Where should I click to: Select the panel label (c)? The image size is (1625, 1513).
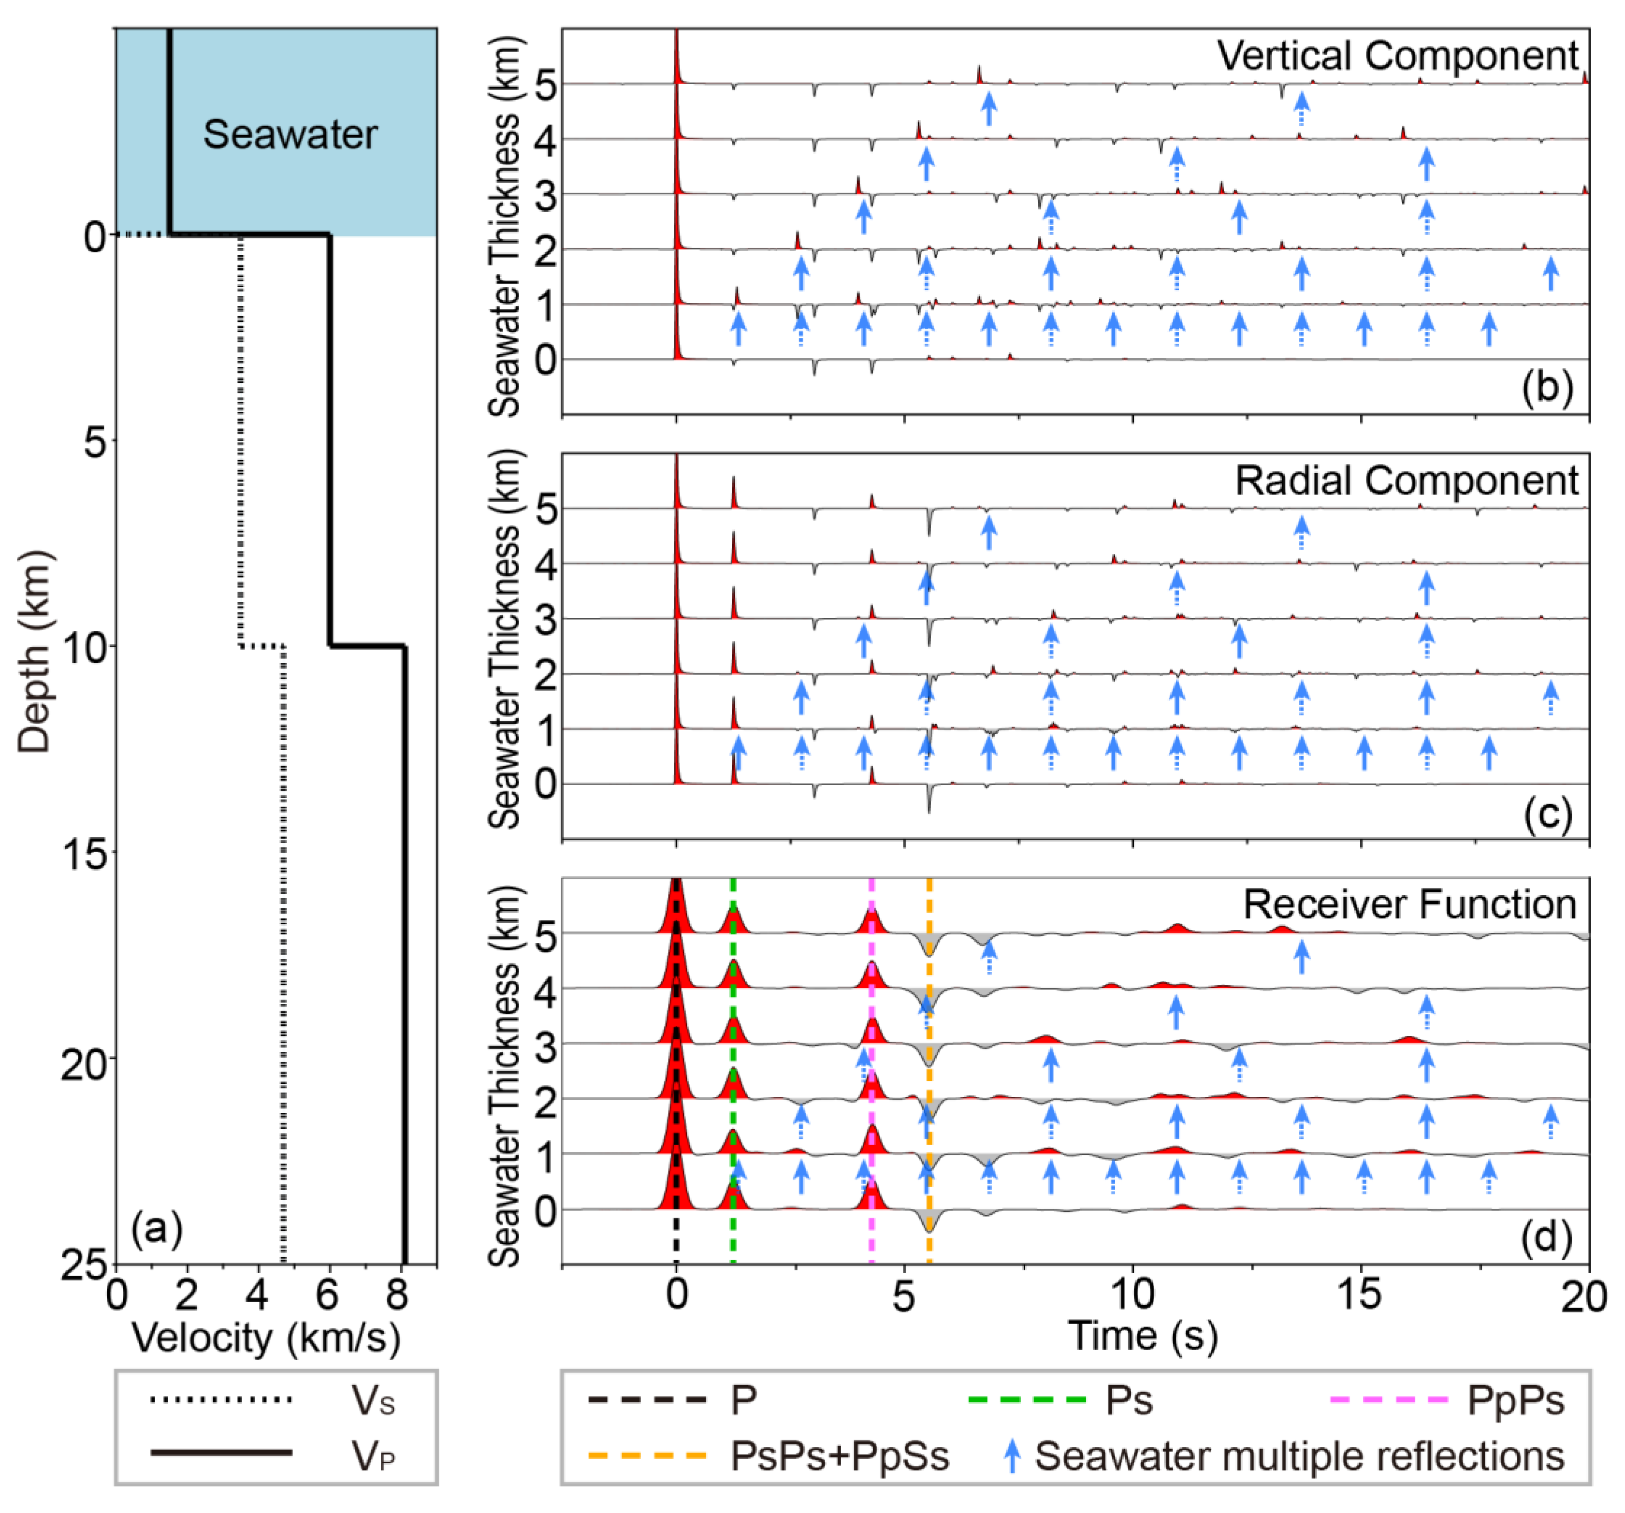pos(1547,814)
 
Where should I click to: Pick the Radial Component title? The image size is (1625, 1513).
pos(1406,480)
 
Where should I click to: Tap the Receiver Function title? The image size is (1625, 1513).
pos(1409,905)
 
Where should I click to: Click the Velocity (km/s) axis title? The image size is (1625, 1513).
pos(266,1339)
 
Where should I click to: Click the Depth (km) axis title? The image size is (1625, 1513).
pos(34,652)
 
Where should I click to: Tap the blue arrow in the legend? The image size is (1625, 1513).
pos(1012,1456)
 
